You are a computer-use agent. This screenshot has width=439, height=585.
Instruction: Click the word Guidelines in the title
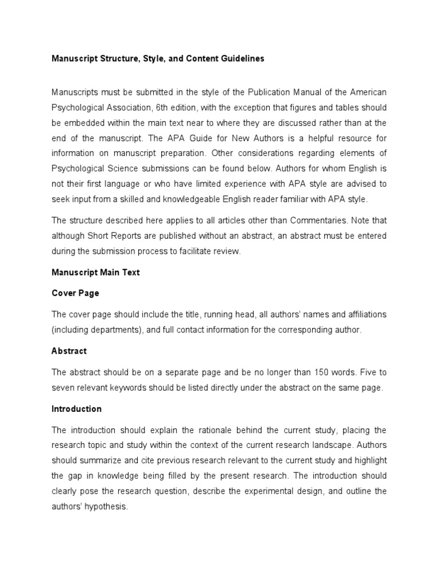coord(241,59)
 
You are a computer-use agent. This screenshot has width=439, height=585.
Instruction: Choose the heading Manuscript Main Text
coord(95,273)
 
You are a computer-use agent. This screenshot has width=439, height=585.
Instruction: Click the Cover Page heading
coord(75,293)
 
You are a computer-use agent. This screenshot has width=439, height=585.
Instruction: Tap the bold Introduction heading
coord(77,409)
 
